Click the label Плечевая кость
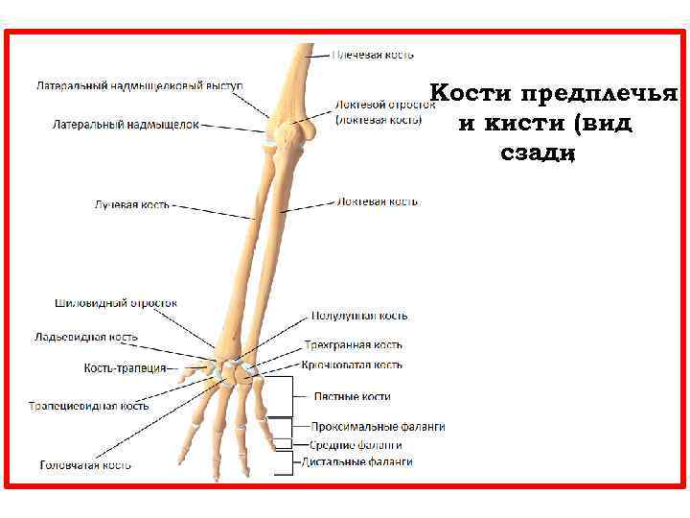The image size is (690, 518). (x=374, y=55)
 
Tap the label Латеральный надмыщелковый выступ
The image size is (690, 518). (x=140, y=85)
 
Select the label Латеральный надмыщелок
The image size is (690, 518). (x=126, y=125)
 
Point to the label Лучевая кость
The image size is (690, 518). (x=132, y=204)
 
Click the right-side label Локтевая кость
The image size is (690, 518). (x=377, y=202)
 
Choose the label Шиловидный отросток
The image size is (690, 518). (x=115, y=303)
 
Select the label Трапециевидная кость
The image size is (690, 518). (x=88, y=406)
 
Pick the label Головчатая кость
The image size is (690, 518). (x=86, y=465)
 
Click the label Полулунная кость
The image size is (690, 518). (x=359, y=316)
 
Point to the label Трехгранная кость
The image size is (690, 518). (x=354, y=344)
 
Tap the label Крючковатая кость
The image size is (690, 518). (x=353, y=365)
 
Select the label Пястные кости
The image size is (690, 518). (x=353, y=396)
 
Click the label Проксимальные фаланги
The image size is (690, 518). (x=378, y=427)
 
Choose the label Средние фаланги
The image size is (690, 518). (x=356, y=445)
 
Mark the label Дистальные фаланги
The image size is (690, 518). (x=357, y=461)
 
